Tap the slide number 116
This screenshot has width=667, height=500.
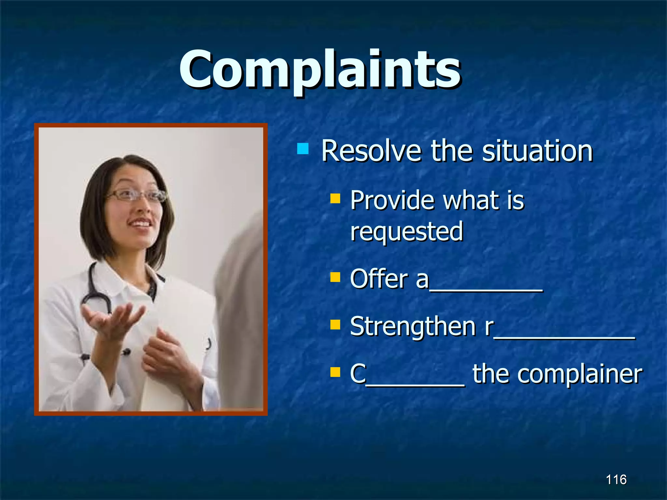[616, 479]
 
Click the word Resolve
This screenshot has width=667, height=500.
[371, 151]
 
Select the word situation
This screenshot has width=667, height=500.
[537, 151]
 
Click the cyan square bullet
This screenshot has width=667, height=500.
[303, 149]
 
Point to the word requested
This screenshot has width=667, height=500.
[406, 231]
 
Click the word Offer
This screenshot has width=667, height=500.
[379, 279]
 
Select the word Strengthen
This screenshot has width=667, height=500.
[413, 326]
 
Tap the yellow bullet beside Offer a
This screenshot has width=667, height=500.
[335, 277]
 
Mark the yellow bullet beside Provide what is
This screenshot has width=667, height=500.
[335, 198]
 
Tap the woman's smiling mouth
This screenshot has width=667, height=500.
[140, 224]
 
